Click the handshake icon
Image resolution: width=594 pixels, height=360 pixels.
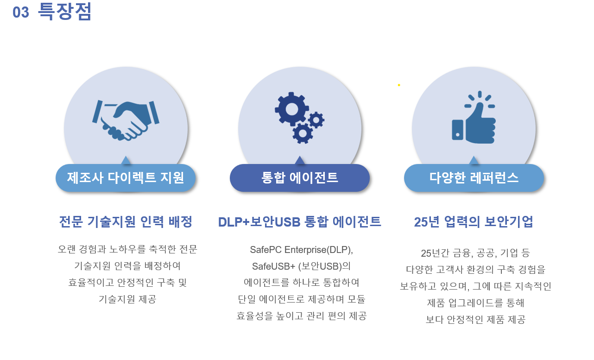126,120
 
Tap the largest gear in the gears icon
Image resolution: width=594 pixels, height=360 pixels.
291,109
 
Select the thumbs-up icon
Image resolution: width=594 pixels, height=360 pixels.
474,119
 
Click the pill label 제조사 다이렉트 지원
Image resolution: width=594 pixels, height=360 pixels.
126,178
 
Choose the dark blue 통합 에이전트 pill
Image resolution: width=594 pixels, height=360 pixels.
300,178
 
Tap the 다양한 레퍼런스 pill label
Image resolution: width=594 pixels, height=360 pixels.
474,178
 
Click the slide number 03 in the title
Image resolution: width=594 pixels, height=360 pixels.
21,13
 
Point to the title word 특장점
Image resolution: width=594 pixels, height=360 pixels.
64,12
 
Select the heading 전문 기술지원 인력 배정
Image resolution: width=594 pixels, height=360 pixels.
126,222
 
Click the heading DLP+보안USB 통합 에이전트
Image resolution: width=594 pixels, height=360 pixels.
300,222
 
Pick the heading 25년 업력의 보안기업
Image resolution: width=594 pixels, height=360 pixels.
474,222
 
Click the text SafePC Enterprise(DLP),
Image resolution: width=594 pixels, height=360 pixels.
302,250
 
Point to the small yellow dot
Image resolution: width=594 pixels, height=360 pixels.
399,85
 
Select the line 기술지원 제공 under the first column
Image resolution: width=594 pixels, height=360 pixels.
127,299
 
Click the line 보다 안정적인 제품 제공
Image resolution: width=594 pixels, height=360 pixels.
475,320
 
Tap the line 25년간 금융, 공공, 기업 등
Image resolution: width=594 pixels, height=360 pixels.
475,253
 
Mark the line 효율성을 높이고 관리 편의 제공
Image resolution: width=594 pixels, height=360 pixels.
302,316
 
